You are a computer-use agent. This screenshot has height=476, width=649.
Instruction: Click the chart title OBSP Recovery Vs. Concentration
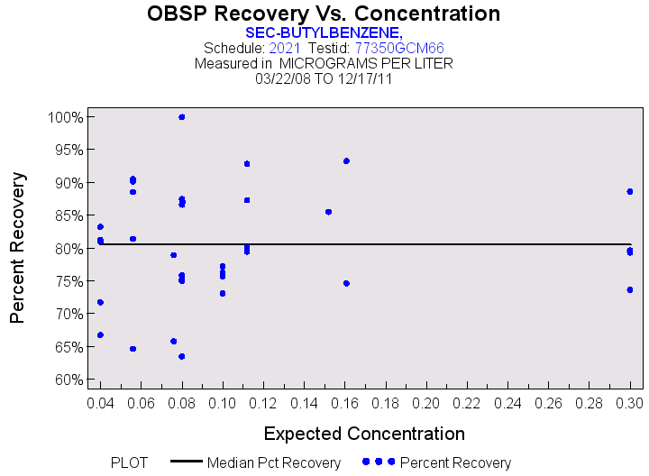(324, 14)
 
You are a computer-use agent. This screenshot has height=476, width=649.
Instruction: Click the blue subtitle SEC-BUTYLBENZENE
(324, 32)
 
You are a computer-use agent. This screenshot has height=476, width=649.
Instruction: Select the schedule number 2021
(285, 48)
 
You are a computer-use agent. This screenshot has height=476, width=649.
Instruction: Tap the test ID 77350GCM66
(398, 48)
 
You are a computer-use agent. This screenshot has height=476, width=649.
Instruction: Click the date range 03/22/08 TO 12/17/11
(324, 78)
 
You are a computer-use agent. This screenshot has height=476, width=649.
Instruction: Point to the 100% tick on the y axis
(67, 117)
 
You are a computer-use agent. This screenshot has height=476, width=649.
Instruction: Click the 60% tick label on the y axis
(67, 380)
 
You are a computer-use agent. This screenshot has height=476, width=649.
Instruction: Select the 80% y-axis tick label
(67, 249)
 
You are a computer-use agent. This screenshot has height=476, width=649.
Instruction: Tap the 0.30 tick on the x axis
(630, 400)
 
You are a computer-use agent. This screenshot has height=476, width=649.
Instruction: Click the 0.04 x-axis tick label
(100, 400)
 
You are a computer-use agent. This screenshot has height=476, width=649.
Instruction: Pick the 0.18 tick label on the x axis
(386, 400)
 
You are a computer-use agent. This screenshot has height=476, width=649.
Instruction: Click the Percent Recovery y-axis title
(18, 248)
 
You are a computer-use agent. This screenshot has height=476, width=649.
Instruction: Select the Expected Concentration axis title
(365, 433)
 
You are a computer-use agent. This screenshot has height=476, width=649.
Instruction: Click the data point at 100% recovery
(182, 117)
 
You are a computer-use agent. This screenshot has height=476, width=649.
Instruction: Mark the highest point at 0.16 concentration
(346, 160)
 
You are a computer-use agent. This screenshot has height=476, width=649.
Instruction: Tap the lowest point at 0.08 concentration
(182, 356)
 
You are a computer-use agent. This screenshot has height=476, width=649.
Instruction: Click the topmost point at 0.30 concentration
(630, 191)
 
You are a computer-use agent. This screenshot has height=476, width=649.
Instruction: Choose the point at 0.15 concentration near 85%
(328, 212)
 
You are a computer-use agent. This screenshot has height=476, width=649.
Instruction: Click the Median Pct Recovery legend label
(274, 462)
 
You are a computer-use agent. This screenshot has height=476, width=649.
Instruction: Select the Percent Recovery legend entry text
(455, 462)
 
